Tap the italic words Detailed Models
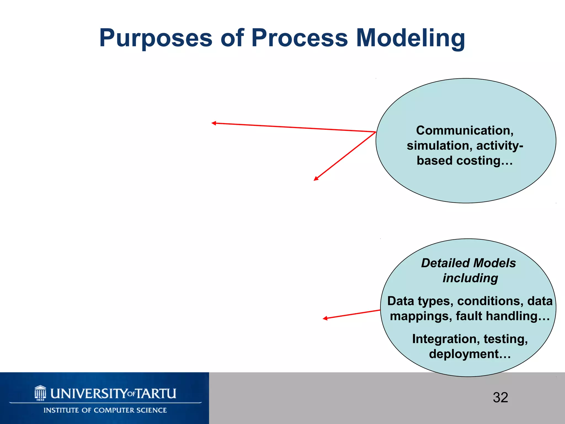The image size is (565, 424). (468, 263)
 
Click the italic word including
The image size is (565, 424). (470, 278)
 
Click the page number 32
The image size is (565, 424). (500, 398)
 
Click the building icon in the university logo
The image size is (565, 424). (40, 393)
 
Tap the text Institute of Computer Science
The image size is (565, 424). (105, 410)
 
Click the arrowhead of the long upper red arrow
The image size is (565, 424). (213, 123)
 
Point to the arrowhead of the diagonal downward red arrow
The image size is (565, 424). (316, 179)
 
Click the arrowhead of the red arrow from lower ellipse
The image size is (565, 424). (325, 318)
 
